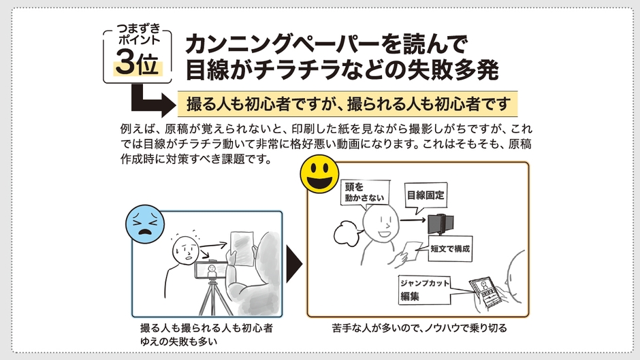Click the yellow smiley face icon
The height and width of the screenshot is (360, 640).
(x=320, y=175)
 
